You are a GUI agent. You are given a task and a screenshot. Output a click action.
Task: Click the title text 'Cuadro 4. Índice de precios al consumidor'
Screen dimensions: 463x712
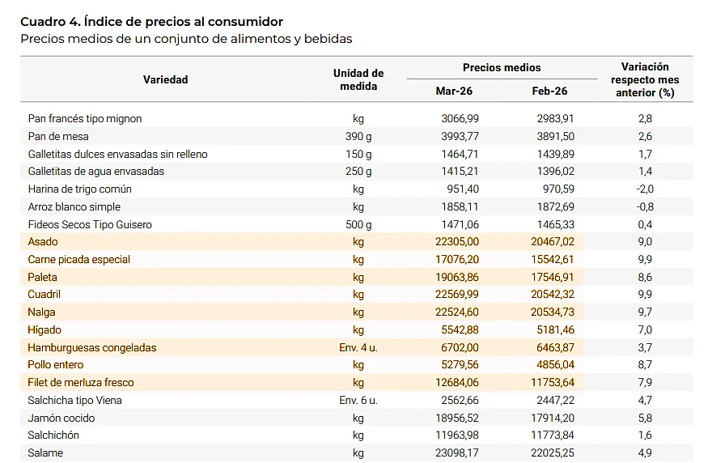click(x=151, y=21)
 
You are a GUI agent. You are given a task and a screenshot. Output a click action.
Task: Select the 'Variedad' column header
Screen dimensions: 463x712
click(x=165, y=79)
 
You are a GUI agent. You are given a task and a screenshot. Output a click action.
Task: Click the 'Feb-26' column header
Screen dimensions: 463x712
click(x=549, y=91)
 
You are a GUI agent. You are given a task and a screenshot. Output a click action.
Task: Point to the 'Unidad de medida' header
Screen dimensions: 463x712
click(x=358, y=79)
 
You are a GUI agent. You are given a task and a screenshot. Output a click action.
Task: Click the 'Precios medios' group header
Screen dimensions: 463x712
click(x=502, y=68)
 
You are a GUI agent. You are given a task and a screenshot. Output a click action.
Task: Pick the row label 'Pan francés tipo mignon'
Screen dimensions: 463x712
click(x=84, y=118)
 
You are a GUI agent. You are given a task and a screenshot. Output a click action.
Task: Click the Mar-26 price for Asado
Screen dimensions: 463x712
click(x=456, y=242)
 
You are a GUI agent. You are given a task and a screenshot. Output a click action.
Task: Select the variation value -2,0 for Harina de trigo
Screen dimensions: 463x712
click(x=645, y=189)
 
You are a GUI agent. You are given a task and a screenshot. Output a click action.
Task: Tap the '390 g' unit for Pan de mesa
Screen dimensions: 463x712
click(x=358, y=136)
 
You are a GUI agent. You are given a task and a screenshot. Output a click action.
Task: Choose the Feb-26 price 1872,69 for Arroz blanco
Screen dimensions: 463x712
click(x=554, y=207)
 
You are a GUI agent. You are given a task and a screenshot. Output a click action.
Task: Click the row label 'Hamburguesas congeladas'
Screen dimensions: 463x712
click(x=91, y=347)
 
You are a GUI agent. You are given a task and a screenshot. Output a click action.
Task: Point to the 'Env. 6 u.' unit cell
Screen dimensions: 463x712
click(x=358, y=401)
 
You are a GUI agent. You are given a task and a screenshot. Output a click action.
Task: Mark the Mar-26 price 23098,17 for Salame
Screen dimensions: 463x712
click(x=456, y=453)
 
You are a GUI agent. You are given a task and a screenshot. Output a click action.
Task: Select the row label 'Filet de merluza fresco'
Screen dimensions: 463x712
click(x=80, y=383)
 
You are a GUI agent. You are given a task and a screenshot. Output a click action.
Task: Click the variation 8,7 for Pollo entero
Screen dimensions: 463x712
click(x=645, y=365)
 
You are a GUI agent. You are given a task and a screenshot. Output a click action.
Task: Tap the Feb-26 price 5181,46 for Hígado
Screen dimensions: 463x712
click(x=554, y=330)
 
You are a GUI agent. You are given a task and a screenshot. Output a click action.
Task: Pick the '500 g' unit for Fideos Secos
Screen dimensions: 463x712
click(x=358, y=224)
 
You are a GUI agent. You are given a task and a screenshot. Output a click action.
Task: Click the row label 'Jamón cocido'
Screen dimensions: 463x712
click(x=61, y=418)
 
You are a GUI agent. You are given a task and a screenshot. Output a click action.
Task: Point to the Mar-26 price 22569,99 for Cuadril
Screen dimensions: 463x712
click(x=456, y=295)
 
